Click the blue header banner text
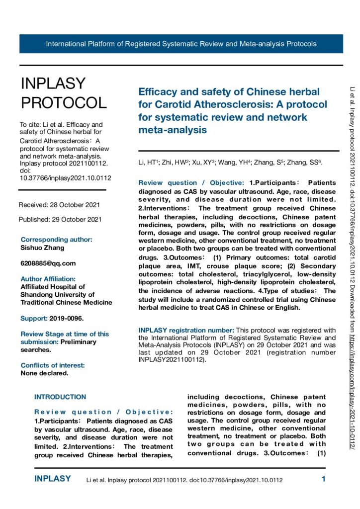click(x=181, y=44)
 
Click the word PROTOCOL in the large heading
click(x=64, y=102)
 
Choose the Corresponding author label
click(x=56, y=239)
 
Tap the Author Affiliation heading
click(x=48, y=279)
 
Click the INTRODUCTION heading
click(x=60, y=397)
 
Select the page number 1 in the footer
click(x=323, y=480)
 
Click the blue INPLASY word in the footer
click(x=53, y=480)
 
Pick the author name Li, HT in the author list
click(x=147, y=163)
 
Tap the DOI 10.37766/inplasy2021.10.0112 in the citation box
click(x=65, y=178)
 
